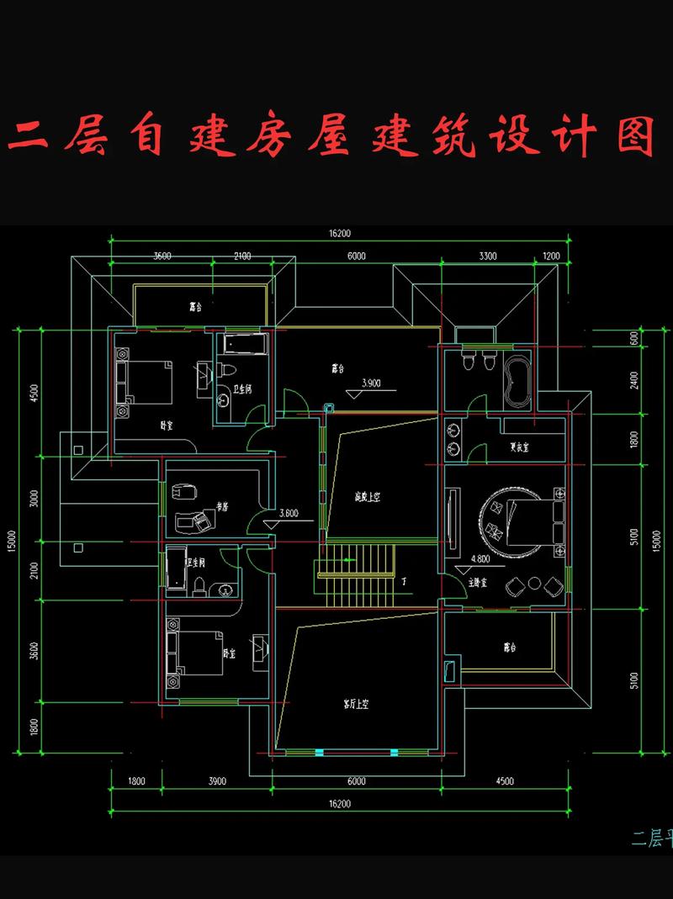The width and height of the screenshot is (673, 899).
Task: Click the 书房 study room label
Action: pos(223,506)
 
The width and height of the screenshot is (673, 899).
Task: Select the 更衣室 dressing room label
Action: pos(519,447)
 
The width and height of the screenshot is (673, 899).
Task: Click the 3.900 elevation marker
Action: pos(371,383)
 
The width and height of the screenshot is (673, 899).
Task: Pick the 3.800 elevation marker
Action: pos(289,512)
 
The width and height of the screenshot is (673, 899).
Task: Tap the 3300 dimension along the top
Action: pos(488,256)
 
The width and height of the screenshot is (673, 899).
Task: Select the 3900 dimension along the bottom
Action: pos(216,781)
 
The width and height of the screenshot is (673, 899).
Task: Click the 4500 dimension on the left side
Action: pos(34,394)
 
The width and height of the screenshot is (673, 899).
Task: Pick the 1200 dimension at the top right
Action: pos(551,256)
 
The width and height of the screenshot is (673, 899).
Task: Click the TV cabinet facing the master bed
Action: pos(453,522)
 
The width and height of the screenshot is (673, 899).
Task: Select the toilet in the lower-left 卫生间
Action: pos(199,584)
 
